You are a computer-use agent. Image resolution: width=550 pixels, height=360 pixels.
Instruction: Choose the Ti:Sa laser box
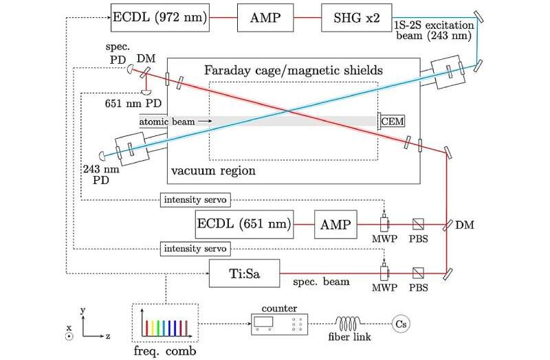click(245, 275)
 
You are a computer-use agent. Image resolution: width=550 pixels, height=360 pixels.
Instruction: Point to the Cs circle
click(400, 322)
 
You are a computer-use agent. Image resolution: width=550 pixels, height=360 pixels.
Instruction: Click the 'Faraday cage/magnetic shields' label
click(294, 70)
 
